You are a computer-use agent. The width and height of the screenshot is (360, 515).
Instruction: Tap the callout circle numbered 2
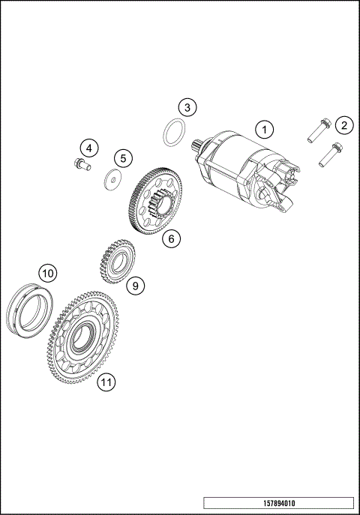click(x=343, y=124)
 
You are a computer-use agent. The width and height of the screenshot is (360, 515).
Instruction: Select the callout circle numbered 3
click(x=187, y=106)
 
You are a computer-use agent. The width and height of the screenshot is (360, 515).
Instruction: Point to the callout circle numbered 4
click(x=88, y=148)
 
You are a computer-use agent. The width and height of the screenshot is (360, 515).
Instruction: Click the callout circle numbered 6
click(x=171, y=238)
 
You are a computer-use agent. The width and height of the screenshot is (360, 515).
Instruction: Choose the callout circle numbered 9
click(x=135, y=285)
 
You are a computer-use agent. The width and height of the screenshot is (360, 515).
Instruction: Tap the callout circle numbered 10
click(x=47, y=274)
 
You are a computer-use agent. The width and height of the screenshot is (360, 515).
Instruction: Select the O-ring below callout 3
click(x=175, y=133)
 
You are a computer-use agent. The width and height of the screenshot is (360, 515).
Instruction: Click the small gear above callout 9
click(x=116, y=259)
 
